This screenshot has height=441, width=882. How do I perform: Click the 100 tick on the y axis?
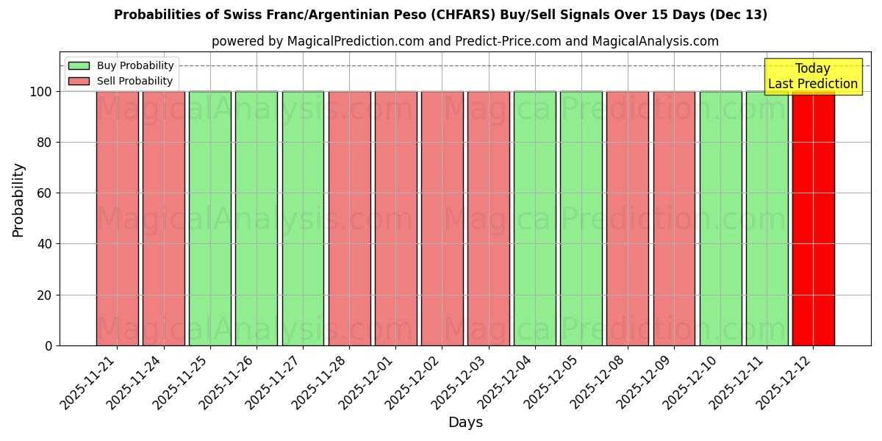40,92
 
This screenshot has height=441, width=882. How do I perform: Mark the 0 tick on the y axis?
48,346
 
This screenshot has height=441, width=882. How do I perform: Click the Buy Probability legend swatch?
79,65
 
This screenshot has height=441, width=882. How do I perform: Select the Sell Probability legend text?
135,81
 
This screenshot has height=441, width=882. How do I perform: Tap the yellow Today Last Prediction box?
812,76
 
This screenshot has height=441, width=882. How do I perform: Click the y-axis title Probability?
18,200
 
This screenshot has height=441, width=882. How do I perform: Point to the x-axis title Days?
465,423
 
